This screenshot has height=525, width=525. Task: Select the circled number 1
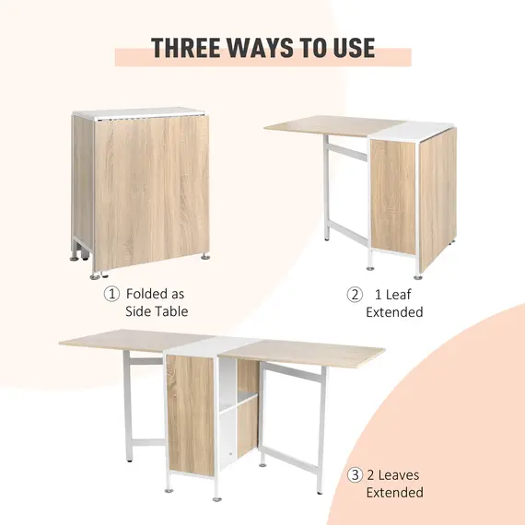[x=111, y=295]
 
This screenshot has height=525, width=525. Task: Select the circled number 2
[x=355, y=295]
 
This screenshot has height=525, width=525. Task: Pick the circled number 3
[x=355, y=475]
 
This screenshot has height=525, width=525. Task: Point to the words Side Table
[x=157, y=312]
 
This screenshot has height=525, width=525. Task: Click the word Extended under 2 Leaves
[x=394, y=493]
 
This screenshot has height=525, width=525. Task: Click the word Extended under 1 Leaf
[x=394, y=312]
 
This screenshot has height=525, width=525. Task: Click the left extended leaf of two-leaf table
[x=115, y=342]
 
